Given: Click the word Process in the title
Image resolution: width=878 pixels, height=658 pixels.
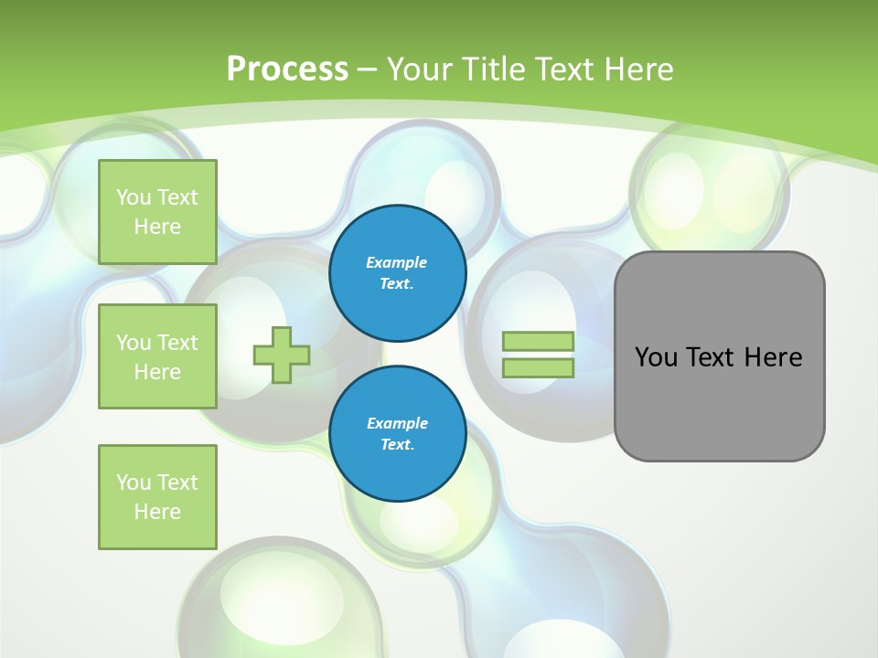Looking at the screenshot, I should pyautogui.click(x=287, y=69).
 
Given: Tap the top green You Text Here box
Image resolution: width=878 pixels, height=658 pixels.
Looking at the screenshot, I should pyautogui.click(x=157, y=212).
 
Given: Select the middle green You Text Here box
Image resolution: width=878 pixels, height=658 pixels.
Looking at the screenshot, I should pyautogui.click(x=157, y=356).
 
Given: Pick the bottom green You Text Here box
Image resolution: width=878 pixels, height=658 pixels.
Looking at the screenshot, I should pyautogui.click(x=157, y=496).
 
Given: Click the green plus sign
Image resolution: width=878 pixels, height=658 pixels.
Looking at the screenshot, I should pyautogui.click(x=282, y=355).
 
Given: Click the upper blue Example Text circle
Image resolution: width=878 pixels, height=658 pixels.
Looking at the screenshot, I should pyautogui.click(x=397, y=273).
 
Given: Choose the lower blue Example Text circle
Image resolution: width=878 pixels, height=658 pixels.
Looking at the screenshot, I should pyautogui.click(x=397, y=433).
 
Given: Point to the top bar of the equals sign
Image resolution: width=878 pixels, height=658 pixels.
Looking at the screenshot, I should pyautogui.click(x=538, y=342).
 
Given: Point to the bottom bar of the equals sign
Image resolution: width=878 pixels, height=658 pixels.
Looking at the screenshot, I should pyautogui.click(x=538, y=367).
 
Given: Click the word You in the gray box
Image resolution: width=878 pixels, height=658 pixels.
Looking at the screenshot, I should pyautogui.click(x=656, y=357).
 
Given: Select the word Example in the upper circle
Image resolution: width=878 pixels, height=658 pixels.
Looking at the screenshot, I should pyautogui.click(x=397, y=262).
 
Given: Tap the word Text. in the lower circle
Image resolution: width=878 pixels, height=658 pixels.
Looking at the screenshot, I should pyautogui.click(x=397, y=445).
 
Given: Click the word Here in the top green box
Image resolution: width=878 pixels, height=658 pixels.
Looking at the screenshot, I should pyautogui.click(x=157, y=227).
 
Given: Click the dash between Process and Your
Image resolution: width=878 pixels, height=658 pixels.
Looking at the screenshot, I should pyautogui.click(x=367, y=69).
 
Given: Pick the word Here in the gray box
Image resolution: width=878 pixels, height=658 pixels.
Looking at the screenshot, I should pyautogui.click(x=773, y=357).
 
